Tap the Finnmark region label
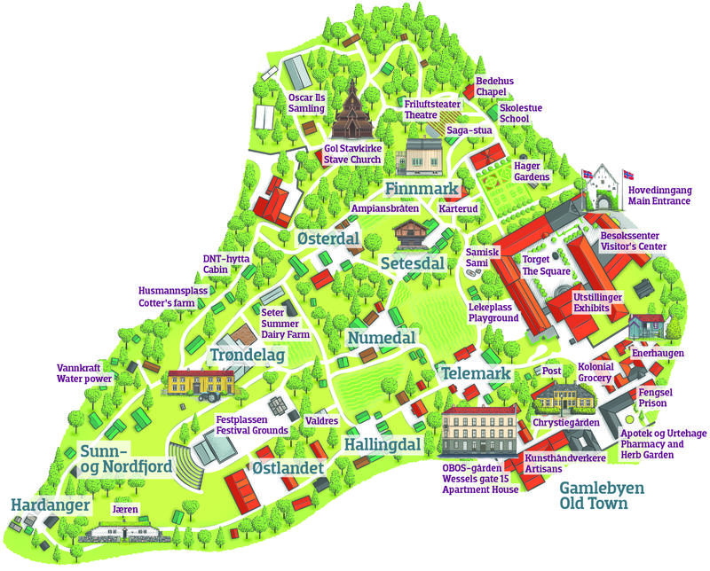pyautogui.click(x=422, y=189)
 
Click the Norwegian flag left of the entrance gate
pyautogui.click(x=586, y=176)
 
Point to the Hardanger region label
pyautogui.click(x=51, y=505)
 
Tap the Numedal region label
pyautogui.click(x=383, y=339)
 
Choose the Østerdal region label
pyautogui.click(x=327, y=240)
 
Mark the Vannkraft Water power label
pyautogui.click(x=83, y=372)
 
